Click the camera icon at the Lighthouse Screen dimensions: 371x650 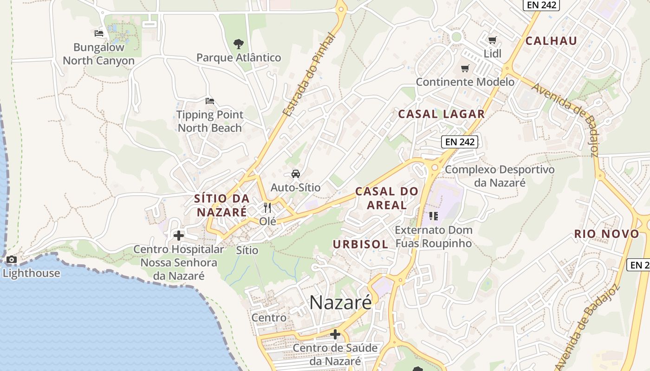coord(12,260)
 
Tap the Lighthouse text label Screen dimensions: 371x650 coord(32,273)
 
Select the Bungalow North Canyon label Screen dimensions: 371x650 coord(98,54)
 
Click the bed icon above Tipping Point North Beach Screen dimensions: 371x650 coord(210,101)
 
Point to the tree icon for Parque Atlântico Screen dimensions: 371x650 coord(239,44)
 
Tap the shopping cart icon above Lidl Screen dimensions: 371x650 coord(492,40)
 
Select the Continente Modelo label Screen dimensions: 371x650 coord(465,82)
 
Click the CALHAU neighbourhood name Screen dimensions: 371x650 coord(551,41)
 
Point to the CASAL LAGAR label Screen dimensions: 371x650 coord(441,114)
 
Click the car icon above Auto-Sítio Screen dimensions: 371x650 coord(295,174)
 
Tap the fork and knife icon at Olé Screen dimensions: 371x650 coord(267,207)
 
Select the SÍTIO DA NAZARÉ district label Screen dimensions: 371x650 coord(221,205)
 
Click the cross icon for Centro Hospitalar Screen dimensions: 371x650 coord(179,236)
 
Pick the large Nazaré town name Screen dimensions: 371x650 coord(340,303)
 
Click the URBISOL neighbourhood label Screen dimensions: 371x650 coord(360,244)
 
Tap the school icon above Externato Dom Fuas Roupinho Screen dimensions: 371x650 coord(434,216)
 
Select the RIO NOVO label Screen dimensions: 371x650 coord(606,234)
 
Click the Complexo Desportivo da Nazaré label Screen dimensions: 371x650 coord(500,176)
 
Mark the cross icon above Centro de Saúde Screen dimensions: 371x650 coord(335,334)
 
